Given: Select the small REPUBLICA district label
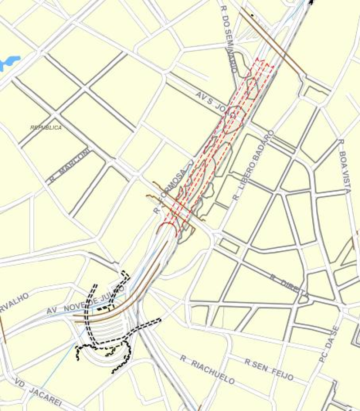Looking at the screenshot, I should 46,127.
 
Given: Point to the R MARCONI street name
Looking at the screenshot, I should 68,165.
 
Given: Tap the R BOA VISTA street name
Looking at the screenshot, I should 344,166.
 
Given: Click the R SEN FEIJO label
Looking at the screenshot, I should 269,369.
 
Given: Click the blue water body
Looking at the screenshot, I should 9,63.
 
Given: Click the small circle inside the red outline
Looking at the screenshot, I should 233,115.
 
